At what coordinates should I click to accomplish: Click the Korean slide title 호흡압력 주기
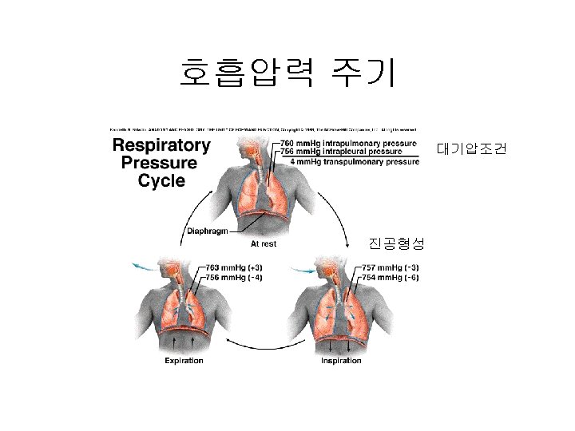point(287,73)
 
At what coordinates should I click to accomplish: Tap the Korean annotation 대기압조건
point(470,149)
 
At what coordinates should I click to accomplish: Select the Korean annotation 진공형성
point(396,242)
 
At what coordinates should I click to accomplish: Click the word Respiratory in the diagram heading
point(161,146)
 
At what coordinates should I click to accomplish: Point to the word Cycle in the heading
point(161,181)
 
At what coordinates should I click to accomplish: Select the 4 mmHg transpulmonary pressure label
point(355,161)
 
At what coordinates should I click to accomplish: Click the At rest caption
point(264,243)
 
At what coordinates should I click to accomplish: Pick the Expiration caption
point(184,361)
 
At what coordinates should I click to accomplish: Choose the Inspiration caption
point(341,361)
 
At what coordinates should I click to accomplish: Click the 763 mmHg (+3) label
point(233,267)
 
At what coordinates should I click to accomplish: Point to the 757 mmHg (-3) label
point(391,267)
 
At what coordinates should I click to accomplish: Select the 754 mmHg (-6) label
point(391,277)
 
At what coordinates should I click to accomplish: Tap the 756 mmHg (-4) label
point(233,277)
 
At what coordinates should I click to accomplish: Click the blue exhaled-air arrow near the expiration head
point(144,265)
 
